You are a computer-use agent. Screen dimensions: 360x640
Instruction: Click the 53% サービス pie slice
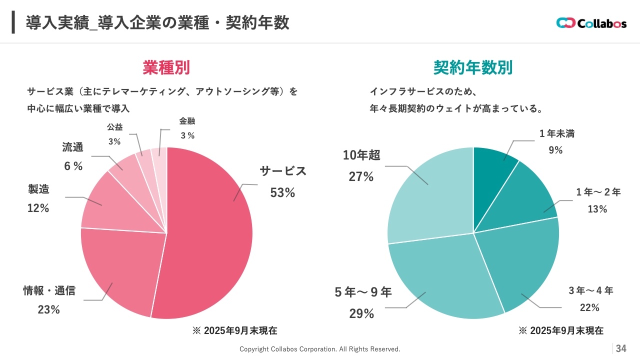coord(210,235)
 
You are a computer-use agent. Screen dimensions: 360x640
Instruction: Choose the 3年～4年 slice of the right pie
coord(520,265)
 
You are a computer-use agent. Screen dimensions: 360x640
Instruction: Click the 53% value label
coord(282,192)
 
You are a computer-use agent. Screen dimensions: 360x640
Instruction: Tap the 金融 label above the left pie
coord(187,121)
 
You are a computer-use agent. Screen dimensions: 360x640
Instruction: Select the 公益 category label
coord(114,127)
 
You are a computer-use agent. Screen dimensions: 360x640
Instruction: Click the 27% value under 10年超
coord(361,176)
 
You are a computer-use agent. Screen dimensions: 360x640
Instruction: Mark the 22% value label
coord(589,307)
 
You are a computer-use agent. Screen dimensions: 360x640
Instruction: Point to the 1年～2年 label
coord(598,192)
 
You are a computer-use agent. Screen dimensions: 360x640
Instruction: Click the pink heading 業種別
coord(166,67)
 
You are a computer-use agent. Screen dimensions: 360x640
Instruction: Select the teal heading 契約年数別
coord(473,67)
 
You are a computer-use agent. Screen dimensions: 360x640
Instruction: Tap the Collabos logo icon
coord(565,23)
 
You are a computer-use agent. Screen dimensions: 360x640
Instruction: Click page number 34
coord(621,348)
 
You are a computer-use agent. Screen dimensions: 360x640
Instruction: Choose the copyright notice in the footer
coord(320,349)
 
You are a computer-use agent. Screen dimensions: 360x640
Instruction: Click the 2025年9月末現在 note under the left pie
coord(234,330)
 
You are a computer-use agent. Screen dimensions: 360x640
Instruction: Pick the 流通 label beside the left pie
coord(72,147)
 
